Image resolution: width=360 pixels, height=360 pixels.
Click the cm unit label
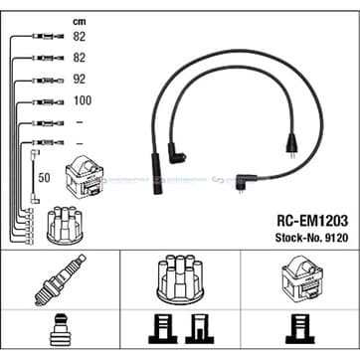80,22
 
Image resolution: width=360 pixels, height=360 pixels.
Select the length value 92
80,79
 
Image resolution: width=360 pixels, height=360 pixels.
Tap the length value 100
83,100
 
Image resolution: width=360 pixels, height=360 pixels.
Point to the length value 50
44,178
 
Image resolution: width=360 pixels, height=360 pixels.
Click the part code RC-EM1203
312,221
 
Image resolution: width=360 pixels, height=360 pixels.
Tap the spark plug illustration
61,280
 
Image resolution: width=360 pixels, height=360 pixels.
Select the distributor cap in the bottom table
180,279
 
